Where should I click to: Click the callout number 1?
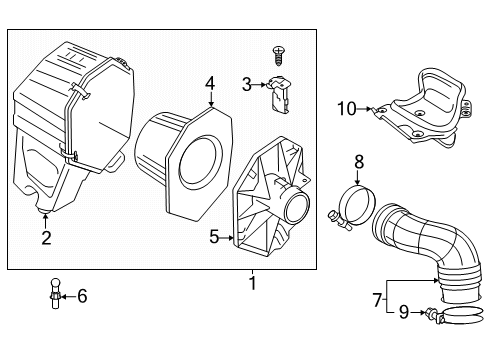pos(253,284)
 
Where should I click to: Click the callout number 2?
pos(46,237)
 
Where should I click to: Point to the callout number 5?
pos(213,237)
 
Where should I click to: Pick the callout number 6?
pos(82,295)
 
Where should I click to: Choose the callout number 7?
pos(376,299)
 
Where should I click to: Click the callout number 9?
pos(404,312)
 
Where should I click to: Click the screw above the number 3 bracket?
pos(279,50)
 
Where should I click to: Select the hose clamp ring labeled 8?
pos(349,201)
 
